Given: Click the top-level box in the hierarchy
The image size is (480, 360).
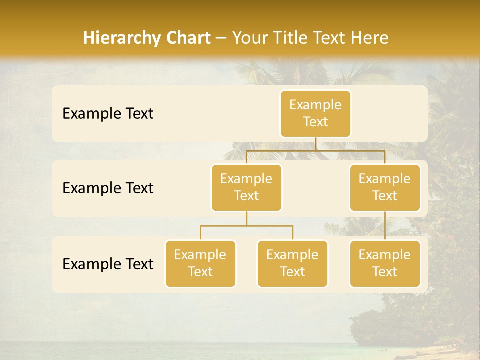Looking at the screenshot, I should (315, 113).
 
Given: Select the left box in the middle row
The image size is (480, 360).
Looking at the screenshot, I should (246, 187).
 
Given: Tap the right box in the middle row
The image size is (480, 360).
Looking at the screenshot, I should (385, 187).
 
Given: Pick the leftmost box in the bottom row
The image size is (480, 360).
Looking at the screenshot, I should (200, 263).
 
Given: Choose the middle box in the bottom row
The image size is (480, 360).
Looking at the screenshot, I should (292, 263).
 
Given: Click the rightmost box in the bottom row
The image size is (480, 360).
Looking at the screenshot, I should (385, 263).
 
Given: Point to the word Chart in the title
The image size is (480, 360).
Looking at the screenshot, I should (186, 38).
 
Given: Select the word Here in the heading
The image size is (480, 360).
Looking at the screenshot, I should (370, 38).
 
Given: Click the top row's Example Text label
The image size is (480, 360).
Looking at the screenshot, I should (108, 114).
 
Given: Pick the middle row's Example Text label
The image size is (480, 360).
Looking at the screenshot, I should (108, 188).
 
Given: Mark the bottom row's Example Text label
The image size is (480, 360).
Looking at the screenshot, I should (108, 264).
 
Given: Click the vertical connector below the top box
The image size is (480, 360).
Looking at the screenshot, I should (315, 143).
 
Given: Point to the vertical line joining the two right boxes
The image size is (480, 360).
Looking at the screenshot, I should (385, 226).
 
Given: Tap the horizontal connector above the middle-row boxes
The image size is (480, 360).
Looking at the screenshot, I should (315, 150).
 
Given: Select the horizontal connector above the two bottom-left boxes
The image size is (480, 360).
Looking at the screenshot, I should (246, 226).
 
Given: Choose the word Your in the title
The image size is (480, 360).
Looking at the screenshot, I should (250, 38).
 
